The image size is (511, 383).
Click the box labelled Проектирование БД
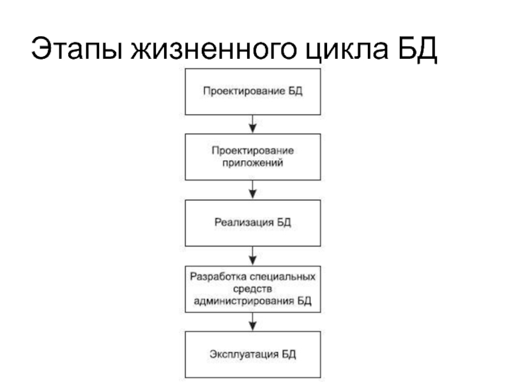(252, 91)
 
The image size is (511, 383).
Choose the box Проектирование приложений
(252, 157)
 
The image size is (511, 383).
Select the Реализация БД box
(252, 223)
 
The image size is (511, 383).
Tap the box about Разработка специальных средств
(252, 289)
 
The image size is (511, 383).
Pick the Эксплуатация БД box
(252, 354)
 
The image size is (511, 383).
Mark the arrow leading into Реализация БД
(253, 190)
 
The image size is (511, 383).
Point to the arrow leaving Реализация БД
(253, 255)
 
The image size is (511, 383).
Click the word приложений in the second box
(253, 163)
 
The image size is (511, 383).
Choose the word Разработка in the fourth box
(213, 278)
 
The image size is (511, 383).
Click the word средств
(253, 289)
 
